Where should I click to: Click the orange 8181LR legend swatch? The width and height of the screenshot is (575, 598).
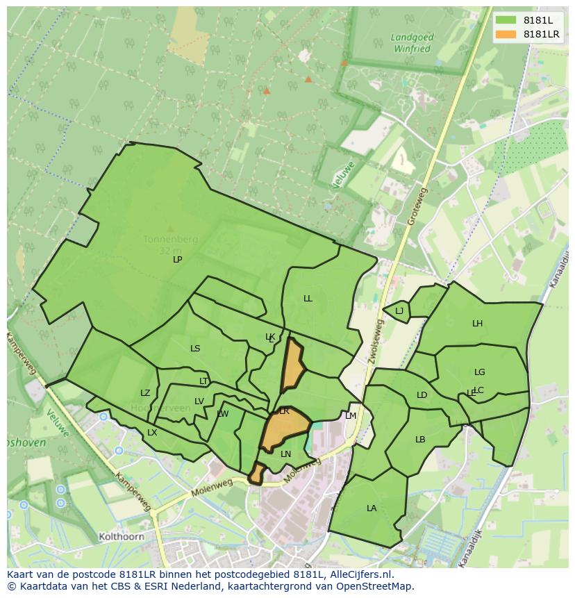point(506,34)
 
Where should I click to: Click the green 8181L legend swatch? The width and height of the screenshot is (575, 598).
point(506,20)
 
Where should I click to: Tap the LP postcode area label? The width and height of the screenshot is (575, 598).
point(178,259)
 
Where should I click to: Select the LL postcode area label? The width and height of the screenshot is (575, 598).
point(308,299)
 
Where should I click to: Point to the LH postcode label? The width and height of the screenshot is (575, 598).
point(477,324)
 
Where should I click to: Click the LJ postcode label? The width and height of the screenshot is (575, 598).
point(399,311)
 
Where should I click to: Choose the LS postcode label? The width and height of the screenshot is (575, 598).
point(195,349)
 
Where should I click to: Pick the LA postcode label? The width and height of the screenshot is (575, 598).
point(372,508)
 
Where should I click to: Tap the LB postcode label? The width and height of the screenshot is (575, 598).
point(420,440)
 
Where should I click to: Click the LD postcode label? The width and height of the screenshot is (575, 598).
point(422,395)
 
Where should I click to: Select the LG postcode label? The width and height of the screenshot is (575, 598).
point(479,372)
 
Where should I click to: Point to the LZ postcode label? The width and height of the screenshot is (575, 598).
point(145,393)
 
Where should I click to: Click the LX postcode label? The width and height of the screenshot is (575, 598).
point(152,433)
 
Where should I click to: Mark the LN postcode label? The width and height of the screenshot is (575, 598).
point(285,454)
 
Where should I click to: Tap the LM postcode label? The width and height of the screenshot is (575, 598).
point(351,416)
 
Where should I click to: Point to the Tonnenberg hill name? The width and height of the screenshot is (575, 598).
point(170,240)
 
